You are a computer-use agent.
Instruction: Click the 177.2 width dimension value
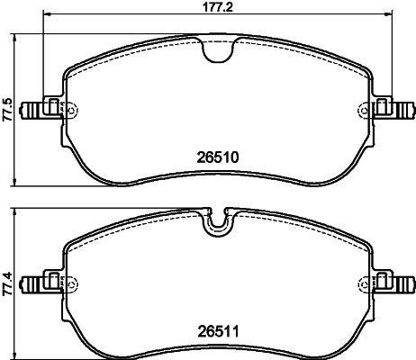pyautogui.click(x=218, y=7)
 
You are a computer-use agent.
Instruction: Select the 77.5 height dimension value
pyautogui.click(x=7, y=109)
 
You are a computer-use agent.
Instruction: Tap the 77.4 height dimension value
pyautogui.click(x=7, y=284)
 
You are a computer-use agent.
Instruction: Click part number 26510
pyautogui.click(x=218, y=157)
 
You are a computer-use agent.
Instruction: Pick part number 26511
pyautogui.click(x=218, y=332)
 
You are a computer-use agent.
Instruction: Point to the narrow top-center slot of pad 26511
pyautogui.click(x=218, y=222)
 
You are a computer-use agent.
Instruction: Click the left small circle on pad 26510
pyautogui.click(x=71, y=110)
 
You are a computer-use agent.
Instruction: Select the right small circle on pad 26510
pyautogui.click(x=365, y=110)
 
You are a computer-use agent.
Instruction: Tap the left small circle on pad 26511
pyautogui.click(x=71, y=283)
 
